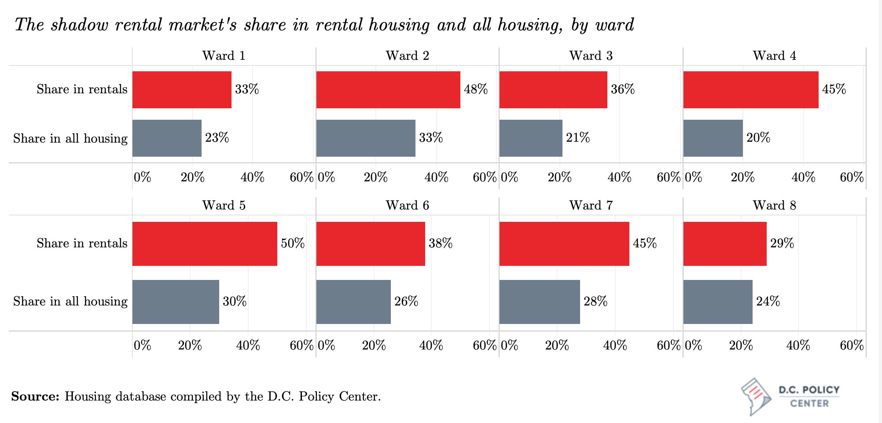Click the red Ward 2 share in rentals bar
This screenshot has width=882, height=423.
pyautogui.click(x=388, y=90)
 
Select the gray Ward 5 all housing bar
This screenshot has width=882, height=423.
pyautogui.click(x=176, y=302)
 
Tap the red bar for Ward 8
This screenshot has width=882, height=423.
pyautogui.click(x=725, y=244)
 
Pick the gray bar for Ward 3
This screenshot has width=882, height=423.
pyautogui.click(x=531, y=138)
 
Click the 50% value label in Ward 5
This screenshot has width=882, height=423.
pyautogui.click(x=293, y=243)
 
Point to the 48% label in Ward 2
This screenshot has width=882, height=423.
pyautogui.click(x=476, y=89)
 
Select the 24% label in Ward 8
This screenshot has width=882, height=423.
pyautogui.click(x=768, y=302)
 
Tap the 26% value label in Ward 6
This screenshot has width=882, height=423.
pyautogui.click(x=406, y=302)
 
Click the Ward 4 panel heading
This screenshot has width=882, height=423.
pyautogui.click(x=774, y=56)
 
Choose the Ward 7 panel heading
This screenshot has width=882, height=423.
pyautogui.click(x=591, y=206)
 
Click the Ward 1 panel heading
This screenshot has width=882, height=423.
pyautogui.click(x=224, y=56)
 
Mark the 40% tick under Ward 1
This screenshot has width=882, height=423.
pyautogui.click(x=252, y=177)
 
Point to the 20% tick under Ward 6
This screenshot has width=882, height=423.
pyautogui.click(x=374, y=346)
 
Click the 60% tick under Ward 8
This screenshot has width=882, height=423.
pyautogui.click(x=852, y=346)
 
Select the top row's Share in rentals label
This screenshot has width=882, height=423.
pyautogui.click(x=82, y=89)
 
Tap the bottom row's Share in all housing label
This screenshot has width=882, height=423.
pyautogui.click(x=70, y=302)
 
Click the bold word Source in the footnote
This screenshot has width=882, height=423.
pyautogui.click(x=35, y=397)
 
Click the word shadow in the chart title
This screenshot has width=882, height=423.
pyautogui.click(x=79, y=25)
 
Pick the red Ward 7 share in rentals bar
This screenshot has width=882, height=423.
pyautogui.click(x=564, y=244)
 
